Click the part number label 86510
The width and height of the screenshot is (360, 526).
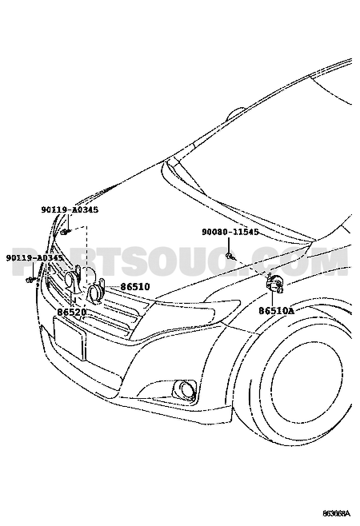click(x=135, y=287)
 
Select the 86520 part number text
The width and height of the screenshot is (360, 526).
click(x=72, y=312)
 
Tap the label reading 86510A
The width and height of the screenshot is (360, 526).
click(x=276, y=311)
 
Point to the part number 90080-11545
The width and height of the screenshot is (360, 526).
click(x=230, y=232)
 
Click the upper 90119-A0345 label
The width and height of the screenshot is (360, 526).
click(x=70, y=209)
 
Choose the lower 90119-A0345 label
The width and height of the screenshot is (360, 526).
click(x=34, y=257)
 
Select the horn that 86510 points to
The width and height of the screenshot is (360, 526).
click(x=95, y=291)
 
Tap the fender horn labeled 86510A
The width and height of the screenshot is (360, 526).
click(x=274, y=284)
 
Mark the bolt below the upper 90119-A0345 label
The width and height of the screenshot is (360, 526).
click(x=66, y=232)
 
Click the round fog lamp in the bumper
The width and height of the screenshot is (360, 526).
click(x=185, y=389)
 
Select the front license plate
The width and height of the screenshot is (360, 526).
click(x=70, y=338)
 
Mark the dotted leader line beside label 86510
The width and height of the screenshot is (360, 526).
click(x=113, y=287)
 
